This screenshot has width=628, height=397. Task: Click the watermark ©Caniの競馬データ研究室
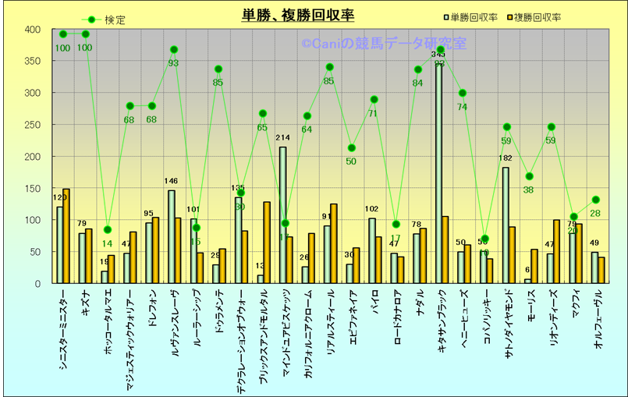384,44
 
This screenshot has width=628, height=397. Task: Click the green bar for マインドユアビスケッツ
282,215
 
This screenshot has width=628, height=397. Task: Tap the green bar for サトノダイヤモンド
506,225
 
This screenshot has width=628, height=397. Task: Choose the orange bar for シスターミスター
66,236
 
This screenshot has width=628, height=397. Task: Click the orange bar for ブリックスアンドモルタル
267,243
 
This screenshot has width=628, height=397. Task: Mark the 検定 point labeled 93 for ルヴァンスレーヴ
173,50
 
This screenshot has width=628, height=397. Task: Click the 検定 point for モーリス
528,176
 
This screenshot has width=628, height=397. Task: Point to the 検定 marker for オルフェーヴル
595,200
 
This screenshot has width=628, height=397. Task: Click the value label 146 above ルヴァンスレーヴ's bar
172,182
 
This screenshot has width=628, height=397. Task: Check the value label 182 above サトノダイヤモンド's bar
506,159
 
